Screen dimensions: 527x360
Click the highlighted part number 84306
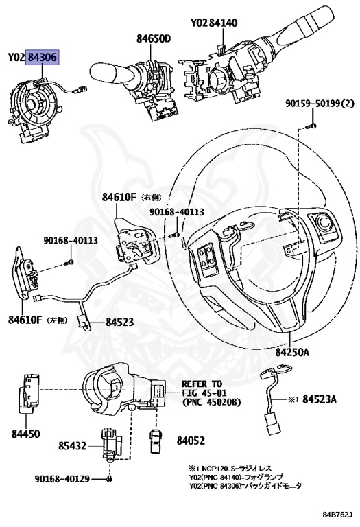tap(43, 58)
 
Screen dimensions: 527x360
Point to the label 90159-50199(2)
tap(320, 104)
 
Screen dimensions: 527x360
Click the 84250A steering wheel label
tap(292, 352)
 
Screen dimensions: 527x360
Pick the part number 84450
tap(25, 434)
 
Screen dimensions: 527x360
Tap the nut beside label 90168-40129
tap(110, 478)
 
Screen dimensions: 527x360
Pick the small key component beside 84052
tap(156, 439)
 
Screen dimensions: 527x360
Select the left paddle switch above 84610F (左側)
tap(25, 274)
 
